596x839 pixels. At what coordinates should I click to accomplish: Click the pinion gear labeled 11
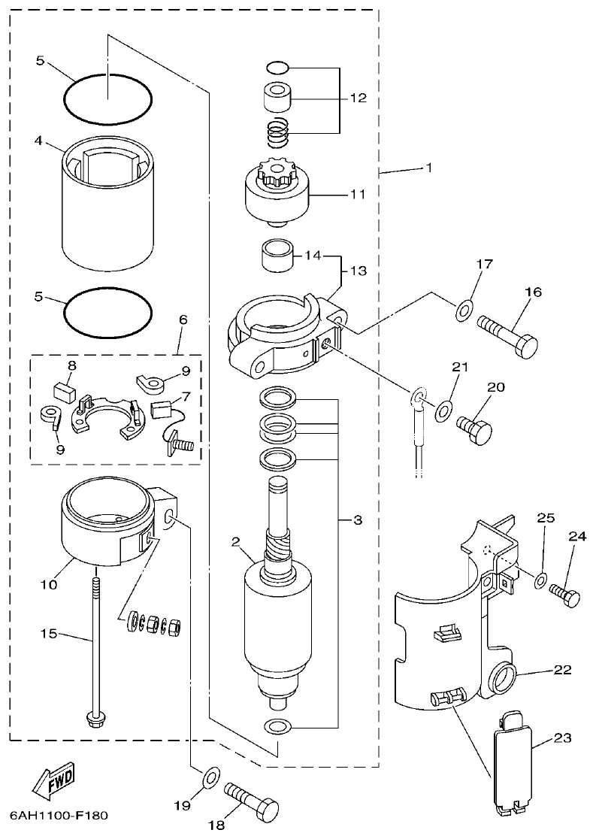[277, 194]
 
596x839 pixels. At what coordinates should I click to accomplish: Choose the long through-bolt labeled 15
[97, 647]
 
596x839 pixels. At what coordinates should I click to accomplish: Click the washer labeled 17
[464, 308]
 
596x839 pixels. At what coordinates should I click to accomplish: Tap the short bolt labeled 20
[473, 431]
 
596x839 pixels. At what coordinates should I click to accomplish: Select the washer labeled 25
[540, 581]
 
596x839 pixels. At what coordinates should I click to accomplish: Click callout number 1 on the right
[429, 168]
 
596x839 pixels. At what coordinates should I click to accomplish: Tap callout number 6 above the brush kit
[183, 320]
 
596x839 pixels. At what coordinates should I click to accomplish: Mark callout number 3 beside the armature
[357, 519]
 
